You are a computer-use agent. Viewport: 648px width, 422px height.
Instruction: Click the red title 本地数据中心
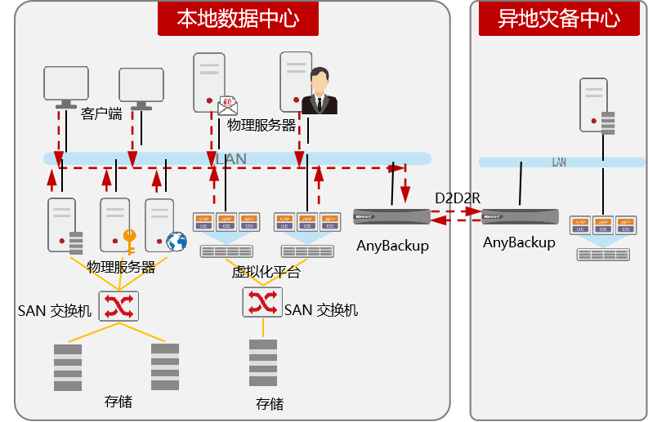click(237, 18)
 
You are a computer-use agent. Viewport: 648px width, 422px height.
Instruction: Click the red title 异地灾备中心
click(560, 18)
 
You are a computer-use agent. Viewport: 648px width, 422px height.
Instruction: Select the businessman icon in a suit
click(320, 91)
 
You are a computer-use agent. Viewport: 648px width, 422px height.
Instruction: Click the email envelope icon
click(227, 104)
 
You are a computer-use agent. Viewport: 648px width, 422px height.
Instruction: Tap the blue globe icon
click(176, 241)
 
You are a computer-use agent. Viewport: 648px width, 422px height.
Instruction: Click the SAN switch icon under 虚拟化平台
click(262, 302)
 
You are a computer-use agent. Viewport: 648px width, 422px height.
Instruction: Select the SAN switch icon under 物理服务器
click(119, 306)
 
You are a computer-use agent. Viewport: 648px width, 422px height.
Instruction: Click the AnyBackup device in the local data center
click(391, 216)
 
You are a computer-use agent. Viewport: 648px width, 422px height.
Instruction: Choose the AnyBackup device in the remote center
click(520, 218)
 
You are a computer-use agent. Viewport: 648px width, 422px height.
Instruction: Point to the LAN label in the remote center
click(559, 162)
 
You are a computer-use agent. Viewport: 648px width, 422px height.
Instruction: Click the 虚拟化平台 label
click(266, 272)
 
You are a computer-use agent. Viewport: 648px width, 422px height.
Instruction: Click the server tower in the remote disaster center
click(595, 104)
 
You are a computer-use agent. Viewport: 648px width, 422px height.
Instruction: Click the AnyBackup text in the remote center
click(519, 242)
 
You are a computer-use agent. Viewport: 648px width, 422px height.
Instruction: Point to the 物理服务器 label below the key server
click(121, 267)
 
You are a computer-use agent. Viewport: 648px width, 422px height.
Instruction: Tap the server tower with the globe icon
click(160, 224)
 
